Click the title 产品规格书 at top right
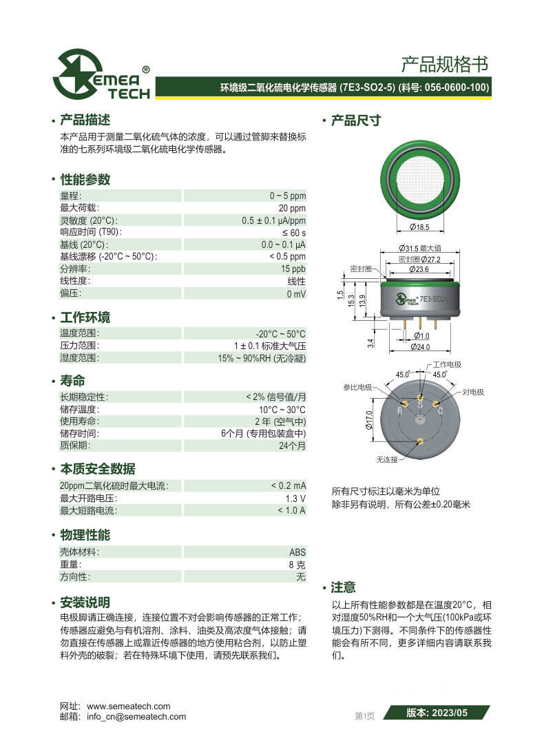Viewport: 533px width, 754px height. pos(444,65)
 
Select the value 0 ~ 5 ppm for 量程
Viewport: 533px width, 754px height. pos(287,196)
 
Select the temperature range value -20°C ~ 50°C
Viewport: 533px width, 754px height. pos(280,333)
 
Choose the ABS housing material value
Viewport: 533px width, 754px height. pos(297,552)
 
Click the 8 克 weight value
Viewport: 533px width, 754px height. pos(297,565)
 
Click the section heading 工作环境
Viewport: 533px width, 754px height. pos(85,318)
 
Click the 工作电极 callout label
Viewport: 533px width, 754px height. pos(447,365)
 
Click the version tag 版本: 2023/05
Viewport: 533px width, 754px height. pos(437,713)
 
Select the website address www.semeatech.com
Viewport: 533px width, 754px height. pos(128,706)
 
